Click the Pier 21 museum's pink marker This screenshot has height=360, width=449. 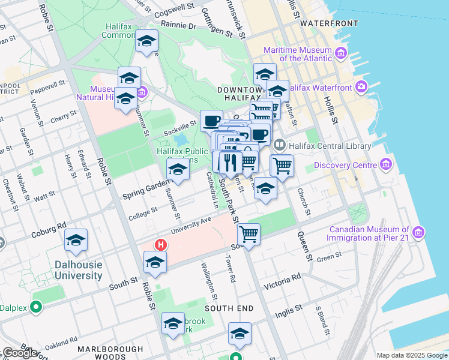pos(418,232)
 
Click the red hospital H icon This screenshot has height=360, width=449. pos(160,245)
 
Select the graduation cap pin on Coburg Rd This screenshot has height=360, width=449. pos(76,241)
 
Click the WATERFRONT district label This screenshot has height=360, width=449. pos(329,23)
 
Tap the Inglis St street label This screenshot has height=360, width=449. pos(289,311)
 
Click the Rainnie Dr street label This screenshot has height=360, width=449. pos(178,26)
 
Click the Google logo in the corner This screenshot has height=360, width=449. pos(20,353)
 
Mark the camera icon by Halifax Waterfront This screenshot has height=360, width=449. pos(362,87)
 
